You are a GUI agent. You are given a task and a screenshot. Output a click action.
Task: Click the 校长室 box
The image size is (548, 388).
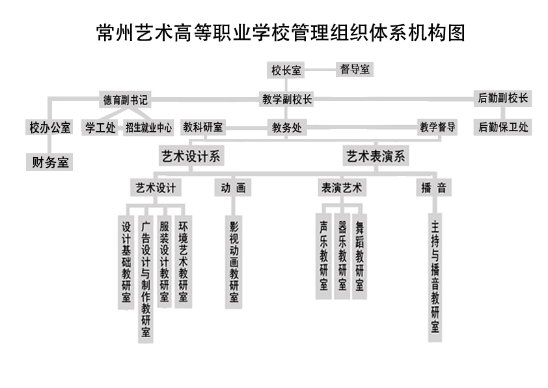286,70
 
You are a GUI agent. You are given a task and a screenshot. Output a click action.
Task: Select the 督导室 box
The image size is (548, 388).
355,69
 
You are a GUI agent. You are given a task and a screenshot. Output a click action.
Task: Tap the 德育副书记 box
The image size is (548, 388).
125,100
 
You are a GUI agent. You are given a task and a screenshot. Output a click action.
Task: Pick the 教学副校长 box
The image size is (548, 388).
286,99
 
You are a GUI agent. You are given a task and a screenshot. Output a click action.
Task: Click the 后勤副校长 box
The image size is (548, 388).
502,98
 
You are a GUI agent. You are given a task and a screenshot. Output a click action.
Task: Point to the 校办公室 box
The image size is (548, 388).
49,127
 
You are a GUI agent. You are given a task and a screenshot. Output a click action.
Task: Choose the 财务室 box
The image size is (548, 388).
49,162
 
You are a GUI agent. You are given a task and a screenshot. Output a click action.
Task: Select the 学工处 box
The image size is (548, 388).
100,127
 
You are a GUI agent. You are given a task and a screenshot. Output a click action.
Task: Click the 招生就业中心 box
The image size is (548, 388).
148,127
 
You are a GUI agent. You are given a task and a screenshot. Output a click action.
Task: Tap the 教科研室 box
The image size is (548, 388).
202,127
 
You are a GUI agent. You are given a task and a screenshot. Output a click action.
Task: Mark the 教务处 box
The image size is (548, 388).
286,127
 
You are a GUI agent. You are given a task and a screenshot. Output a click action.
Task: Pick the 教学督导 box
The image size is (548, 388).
437,127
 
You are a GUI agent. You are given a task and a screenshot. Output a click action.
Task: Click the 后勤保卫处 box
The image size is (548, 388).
503,127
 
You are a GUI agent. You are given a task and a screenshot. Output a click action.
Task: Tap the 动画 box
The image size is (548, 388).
233,188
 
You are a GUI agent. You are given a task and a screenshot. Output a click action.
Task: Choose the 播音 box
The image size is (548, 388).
433,188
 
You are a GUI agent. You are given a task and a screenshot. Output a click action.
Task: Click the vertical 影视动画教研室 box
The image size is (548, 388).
234,261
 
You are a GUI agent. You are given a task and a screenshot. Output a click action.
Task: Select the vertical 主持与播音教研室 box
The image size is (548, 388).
435,277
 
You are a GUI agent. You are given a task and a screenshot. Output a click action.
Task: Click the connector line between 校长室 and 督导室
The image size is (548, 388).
320,70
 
